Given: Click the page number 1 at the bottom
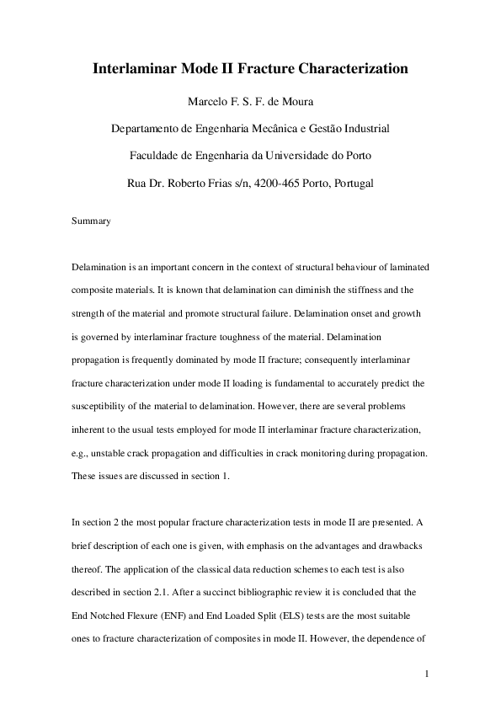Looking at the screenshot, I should coord(428,673).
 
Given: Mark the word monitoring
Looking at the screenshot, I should coord(293,454).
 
